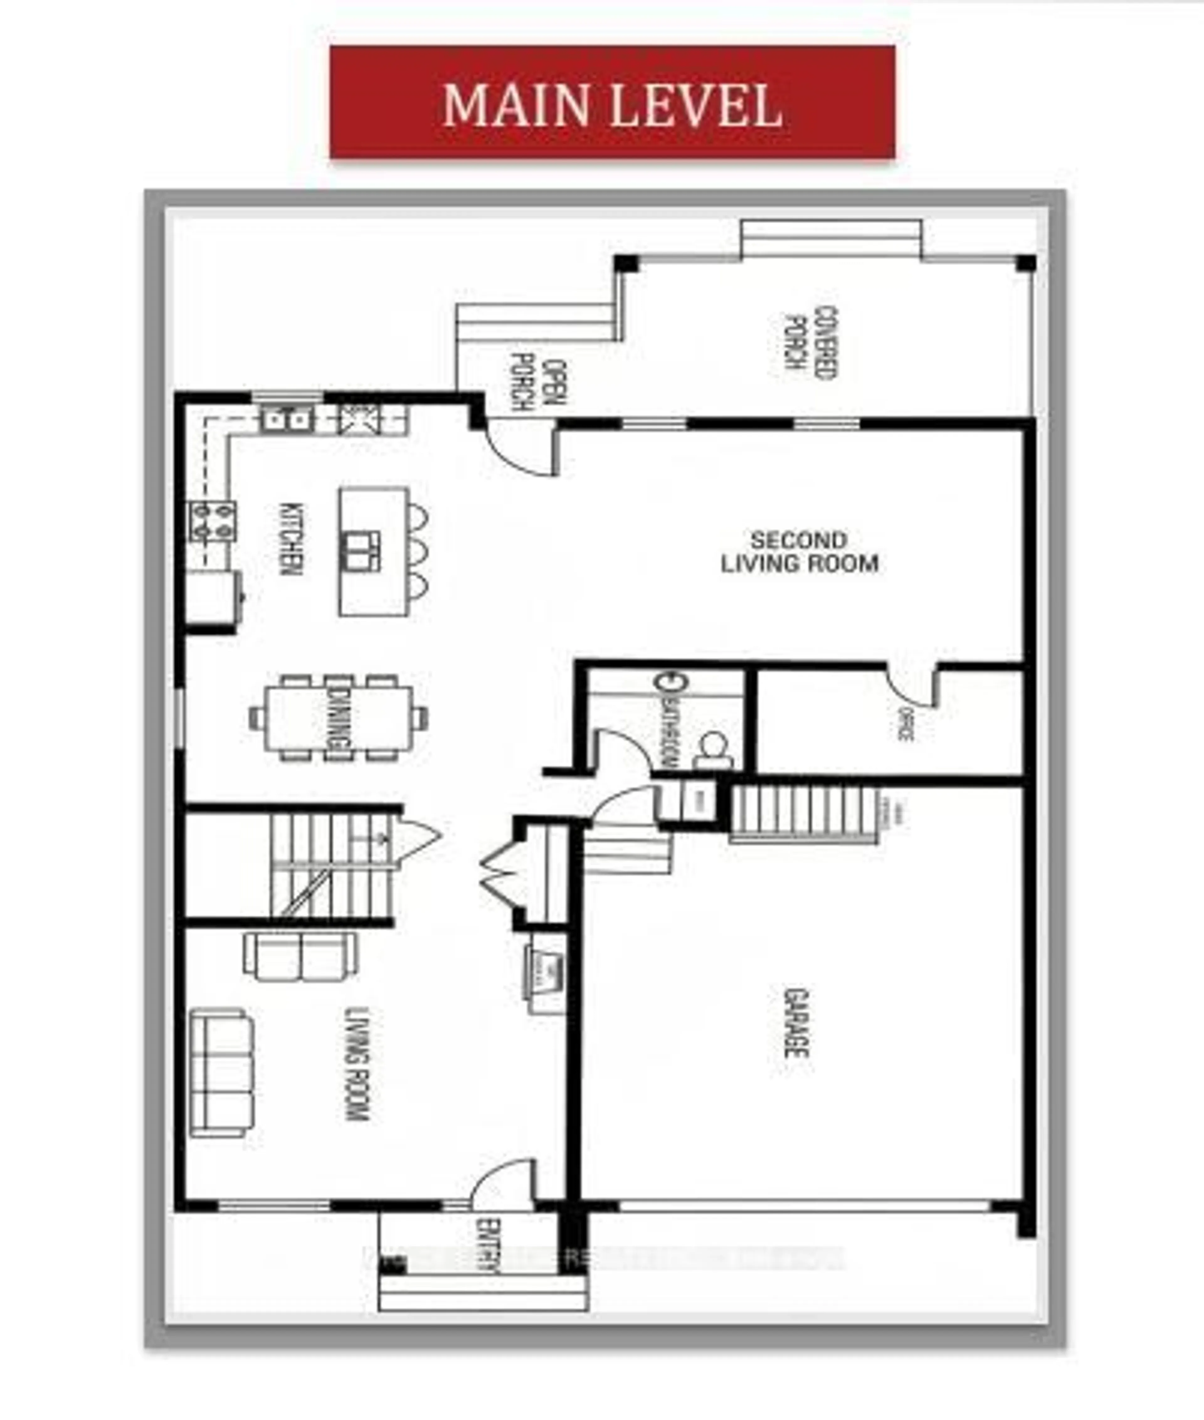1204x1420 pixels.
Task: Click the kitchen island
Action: coord(373,552)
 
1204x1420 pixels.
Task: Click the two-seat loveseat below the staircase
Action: coord(300,956)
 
